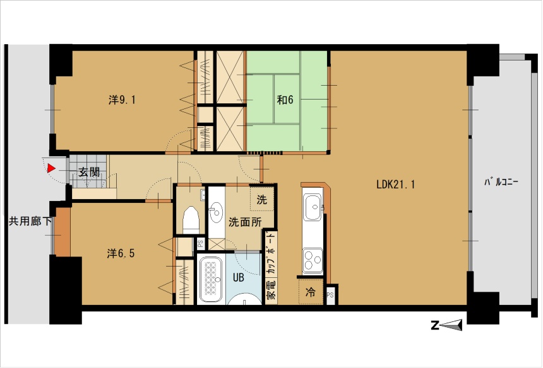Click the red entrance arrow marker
(51, 168)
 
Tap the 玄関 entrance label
(89, 172)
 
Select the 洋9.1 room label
(122, 100)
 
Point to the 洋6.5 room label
(121, 253)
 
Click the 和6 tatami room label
(285, 100)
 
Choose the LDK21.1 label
(395, 184)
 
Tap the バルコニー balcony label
(501, 181)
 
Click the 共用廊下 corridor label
(30, 221)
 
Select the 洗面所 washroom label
(245, 222)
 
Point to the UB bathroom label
(238, 277)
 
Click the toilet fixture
(191, 220)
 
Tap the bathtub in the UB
(210, 280)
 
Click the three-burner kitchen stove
(313, 260)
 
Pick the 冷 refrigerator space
(311, 292)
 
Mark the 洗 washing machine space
(262, 199)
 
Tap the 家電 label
(271, 290)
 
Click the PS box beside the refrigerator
(330, 295)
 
